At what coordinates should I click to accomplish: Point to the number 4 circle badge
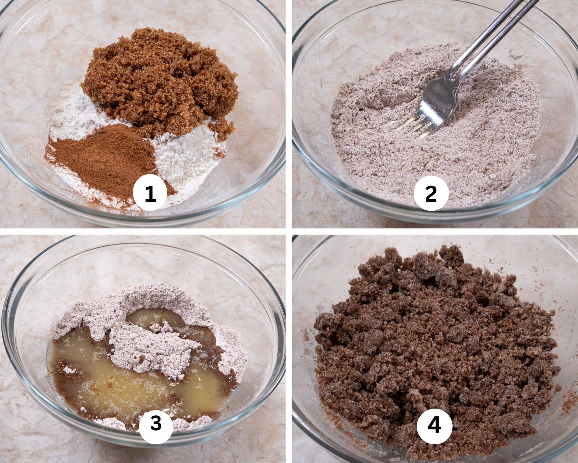434,424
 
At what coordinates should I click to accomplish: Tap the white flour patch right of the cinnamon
185,156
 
